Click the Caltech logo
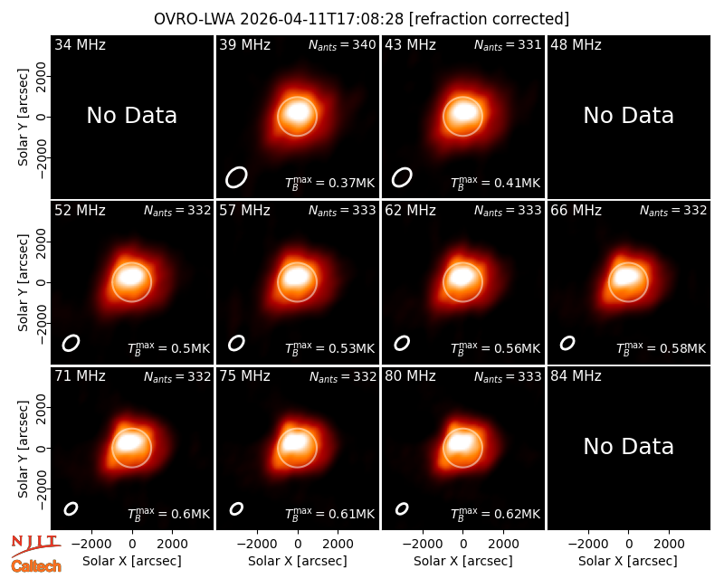click(x=36, y=566)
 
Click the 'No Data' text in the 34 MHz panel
click(x=131, y=116)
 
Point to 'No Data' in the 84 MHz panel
click(x=628, y=446)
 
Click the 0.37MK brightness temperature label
click(x=329, y=183)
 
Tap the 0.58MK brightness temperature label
click(x=661, y=348)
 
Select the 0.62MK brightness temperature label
click(x=495, y=514)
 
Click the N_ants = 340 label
click(x=342, y=45)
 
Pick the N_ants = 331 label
click(x=508, y=45)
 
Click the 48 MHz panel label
click(x=576, y=44)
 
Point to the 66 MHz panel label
click(x=576, y=211)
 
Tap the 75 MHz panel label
click(x=244, y=376)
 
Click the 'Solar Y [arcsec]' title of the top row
click(x=23, y=118)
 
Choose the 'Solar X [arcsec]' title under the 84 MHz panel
click(x=628, y=561)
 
